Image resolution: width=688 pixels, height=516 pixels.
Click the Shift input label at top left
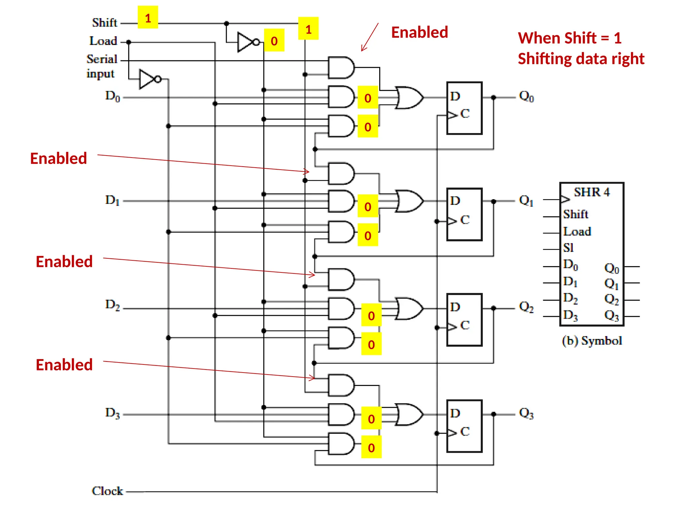(x=104, y=23)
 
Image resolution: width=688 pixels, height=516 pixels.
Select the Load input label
(x=103, y=41)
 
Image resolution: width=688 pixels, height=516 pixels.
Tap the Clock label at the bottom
(x=107, y=491)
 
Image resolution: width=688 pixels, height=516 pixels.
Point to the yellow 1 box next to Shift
(x=148, y=17)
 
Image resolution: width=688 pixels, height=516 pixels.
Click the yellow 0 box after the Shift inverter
(x=274, y=40)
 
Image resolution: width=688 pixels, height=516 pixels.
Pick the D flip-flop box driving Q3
(x=464, y=426)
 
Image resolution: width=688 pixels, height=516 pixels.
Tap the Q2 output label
(x=526, y=307)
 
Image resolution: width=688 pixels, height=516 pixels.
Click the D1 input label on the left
(x=113, y=200)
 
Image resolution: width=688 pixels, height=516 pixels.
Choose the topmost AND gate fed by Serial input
(x=341, y=68)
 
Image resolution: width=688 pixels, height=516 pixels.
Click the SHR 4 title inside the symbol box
(x=592, y=192)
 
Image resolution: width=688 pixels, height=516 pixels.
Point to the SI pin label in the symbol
(x=568, y=248)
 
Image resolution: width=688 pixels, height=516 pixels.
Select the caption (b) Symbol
(x=592, y=341)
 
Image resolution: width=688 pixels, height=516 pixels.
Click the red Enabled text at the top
(x=420, y=33)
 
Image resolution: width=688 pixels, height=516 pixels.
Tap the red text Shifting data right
(x=581, y=59)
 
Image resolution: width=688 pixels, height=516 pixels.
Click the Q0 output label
(x=526, y=96)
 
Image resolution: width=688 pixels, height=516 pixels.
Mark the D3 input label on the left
(x=113, y=413)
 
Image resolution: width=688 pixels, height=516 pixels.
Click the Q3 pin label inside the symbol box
(x=611, y=315)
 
